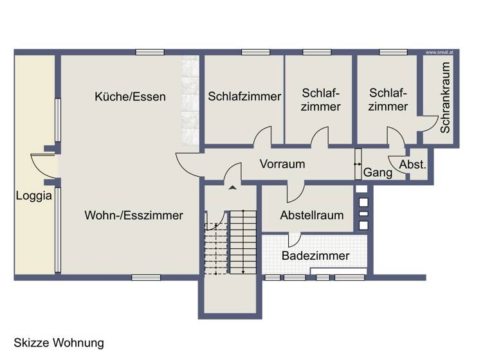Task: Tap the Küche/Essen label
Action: pyautogui.click(x=130, y=97)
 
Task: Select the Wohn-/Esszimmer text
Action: pyautogui.click(x=133, y=215)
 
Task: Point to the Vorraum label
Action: pyautogui.click(x=282, y=164)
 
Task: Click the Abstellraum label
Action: pyautogui.click(x=311, y=215)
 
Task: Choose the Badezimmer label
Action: pyautogui.click(x=315, y=256)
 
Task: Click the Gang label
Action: pyautogui.click(x=378, y=172)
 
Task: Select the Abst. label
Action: pyautogui.click(x=412, y=165)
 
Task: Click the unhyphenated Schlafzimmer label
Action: pyautogui.click(x=244, y=96)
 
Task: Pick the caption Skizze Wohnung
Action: pyautogui.click(x=59, y=343)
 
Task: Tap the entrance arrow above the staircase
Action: pyautogui.click(x=232, y=188)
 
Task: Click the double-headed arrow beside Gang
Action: pyautogui.click(x=358, y=165)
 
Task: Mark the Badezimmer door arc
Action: pyautogui.click(x=295, y=240)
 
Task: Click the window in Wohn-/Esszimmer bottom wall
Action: pyautogui.click(x=146, y=278)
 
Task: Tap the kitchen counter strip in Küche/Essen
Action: pyautogui.click(x=190, y=100)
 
